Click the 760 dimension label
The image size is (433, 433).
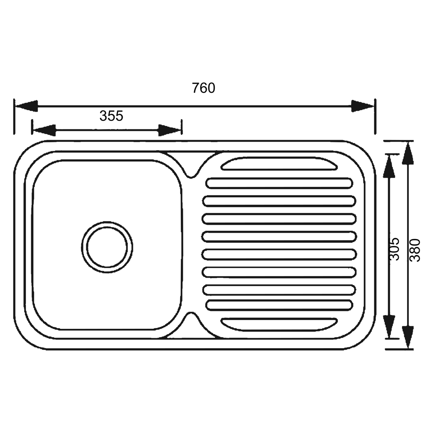tap(204, 88)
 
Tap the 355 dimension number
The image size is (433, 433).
tap(111, 116)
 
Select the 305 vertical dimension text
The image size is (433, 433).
tap(394, 249)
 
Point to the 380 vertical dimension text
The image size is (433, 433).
tap(415, 250)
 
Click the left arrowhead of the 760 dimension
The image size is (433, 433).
tap(26, 106)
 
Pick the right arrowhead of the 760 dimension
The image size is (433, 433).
tap(362, 106)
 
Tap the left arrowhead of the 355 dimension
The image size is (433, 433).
tap(44, 130)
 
